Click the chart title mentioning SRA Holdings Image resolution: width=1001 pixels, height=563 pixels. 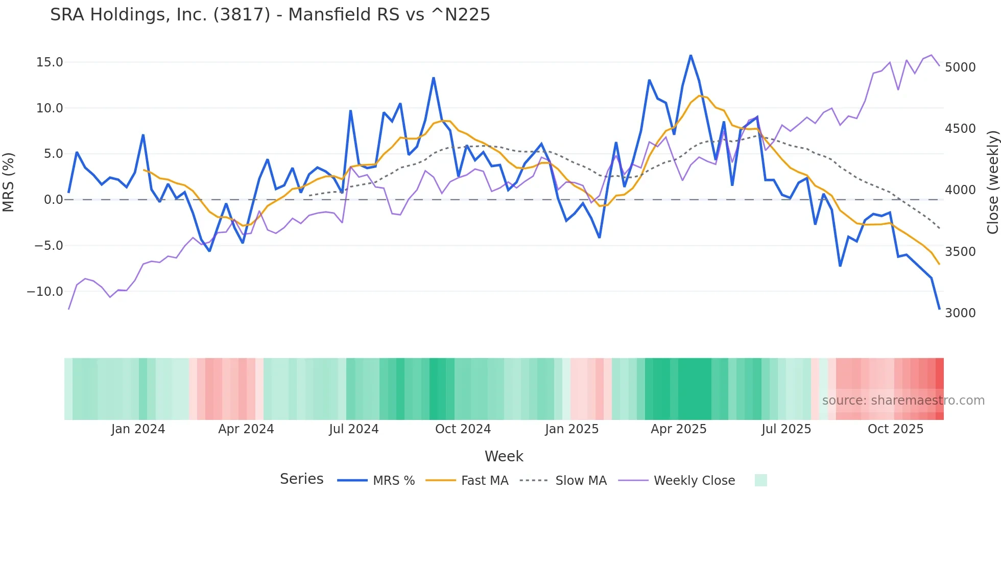coord(270,15)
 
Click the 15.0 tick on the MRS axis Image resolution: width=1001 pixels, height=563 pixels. coord(50,62)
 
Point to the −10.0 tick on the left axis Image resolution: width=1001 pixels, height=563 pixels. coord(45,292)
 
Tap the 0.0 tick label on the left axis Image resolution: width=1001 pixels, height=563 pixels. coord(53,200)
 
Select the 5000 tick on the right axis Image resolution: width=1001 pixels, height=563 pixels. coord(960,67)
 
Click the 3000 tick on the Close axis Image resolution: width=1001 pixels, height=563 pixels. coord(960,313)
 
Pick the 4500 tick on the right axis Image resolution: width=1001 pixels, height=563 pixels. coord(960,129)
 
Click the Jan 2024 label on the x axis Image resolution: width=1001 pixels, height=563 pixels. coord(138,429)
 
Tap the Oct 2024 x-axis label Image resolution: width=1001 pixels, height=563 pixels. coord(463,429)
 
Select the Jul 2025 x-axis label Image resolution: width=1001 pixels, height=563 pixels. coord(786,429)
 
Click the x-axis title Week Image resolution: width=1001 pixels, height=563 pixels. coord(504,456)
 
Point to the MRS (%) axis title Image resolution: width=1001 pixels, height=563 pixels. coord(9,182)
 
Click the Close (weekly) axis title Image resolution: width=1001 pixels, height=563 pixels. coord(992,182)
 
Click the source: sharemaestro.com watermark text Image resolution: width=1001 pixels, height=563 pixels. coord(903,401)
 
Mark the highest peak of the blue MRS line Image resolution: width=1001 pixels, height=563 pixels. coord(690,55)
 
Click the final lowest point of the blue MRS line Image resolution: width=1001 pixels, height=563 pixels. coord(939,309)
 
